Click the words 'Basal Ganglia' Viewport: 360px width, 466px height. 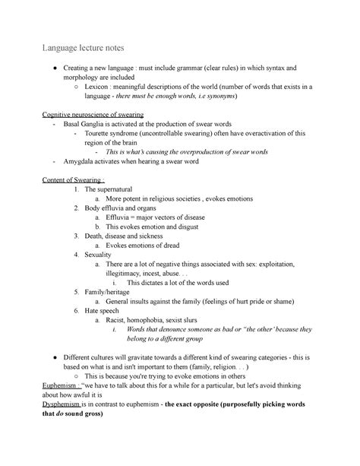[x=88, y=123]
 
